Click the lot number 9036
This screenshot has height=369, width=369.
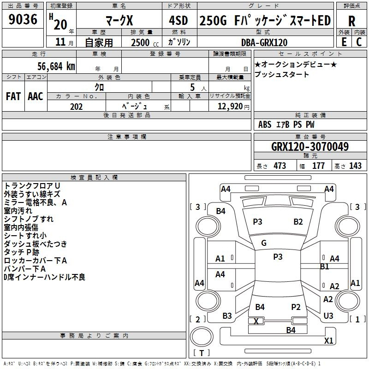(x=23, y=19)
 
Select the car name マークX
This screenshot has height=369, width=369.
(x=119, y=20)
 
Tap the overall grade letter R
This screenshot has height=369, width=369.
(x=351, y=21)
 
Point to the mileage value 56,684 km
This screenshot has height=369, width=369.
(x=56, y=66)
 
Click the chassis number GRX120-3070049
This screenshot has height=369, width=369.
(x=310, y=147)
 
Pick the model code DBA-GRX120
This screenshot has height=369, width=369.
(x=264, y=42)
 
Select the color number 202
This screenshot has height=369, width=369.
(x=76, y=107)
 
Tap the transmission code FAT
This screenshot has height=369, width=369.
(x=13, y=96)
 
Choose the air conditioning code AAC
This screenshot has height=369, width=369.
(x=36, y=96)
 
